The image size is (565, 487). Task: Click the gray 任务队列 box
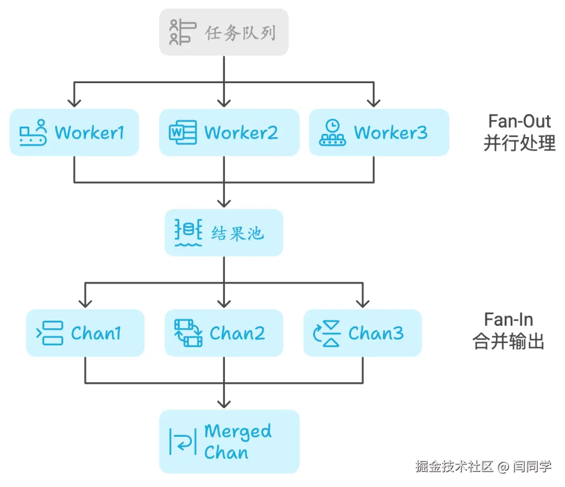click(224, 32)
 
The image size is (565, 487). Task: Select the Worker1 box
click(74, 132)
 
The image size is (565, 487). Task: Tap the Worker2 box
click(229, 132)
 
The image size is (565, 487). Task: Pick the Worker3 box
click(379, 132)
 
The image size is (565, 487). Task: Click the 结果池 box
click(224, 233)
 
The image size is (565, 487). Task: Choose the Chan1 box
click(85, 333)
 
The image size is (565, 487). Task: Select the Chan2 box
click(224, 333)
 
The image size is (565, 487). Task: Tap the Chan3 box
click(363, 333)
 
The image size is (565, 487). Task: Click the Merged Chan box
click(229, 441)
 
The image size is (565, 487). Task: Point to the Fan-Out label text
click(519, 121)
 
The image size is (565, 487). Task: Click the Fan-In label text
click(508, 320)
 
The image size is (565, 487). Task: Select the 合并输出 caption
click(508, 342)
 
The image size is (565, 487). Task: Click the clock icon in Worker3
click(333, 126)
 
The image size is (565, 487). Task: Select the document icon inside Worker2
click(183, 132)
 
